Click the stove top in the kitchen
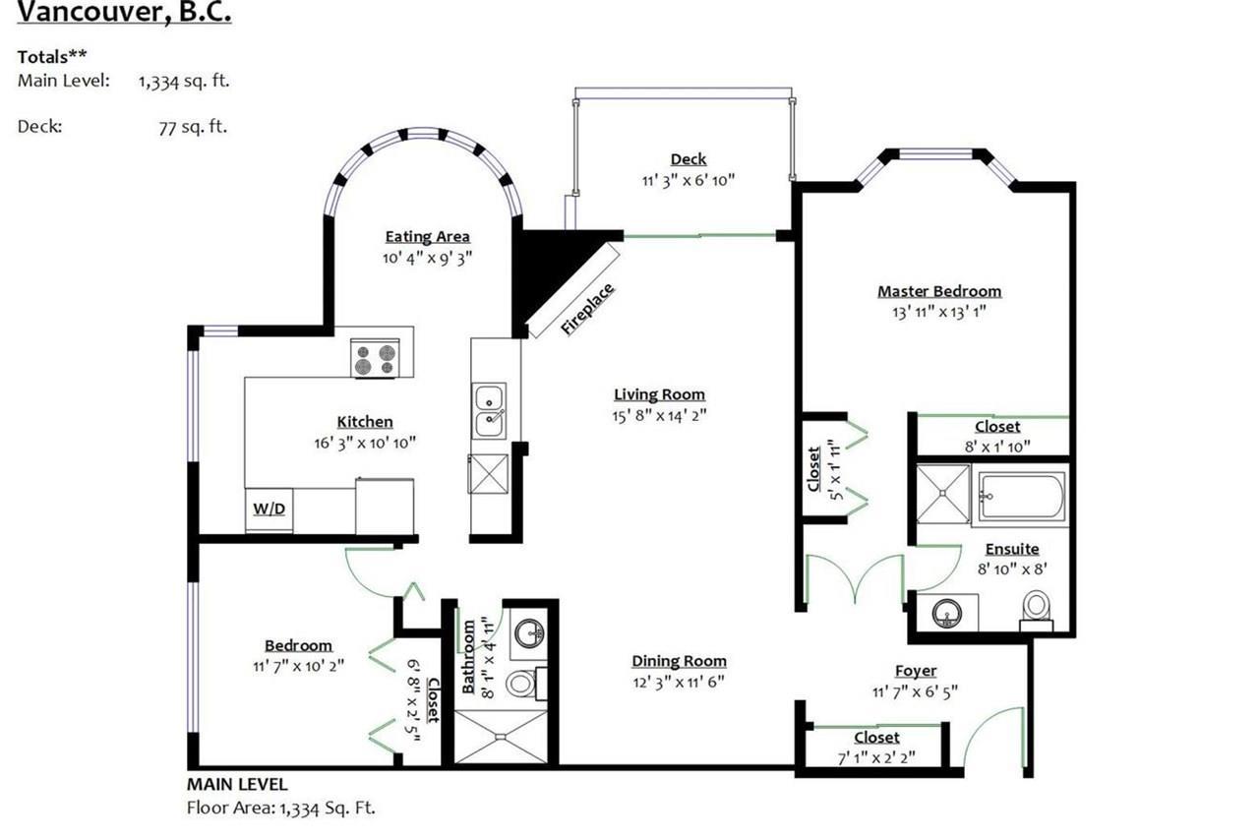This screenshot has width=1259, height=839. (x=375, y=358)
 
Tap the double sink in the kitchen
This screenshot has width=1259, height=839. (x=489, y=411)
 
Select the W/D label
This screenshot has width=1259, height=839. (x=270, y=509)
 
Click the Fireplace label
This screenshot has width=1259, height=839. (x=587, y=310)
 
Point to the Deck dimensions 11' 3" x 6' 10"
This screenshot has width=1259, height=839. (x=689, y=180)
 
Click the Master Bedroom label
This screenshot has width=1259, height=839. (x=939, y=291)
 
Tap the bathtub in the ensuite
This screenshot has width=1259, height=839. (x=1021, y=496)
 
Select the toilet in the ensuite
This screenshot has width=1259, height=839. (x=1037, y=610)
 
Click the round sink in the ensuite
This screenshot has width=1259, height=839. (x=947, y=613)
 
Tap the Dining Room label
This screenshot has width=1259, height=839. (x=679, y=661)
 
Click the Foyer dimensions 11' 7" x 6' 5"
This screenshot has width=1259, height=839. (x=915, y=691)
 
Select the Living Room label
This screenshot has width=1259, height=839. (x=659, y=394)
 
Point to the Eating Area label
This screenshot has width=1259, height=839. (x=427, y=237)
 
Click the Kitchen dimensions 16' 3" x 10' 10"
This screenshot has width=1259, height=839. (x=365, y=444)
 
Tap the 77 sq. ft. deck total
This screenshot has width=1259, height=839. (x=193, y=127)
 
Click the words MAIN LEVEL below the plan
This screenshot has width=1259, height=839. (x=237, y=784)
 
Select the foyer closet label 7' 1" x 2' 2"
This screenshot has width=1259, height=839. (x=876, y=758)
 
